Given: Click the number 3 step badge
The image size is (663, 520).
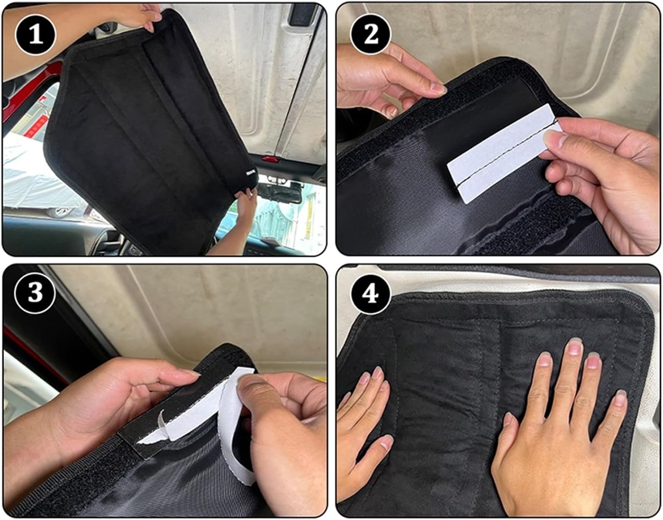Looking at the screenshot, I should coord(35,293).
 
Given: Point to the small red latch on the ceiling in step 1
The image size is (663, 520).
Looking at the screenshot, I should coord(268,158).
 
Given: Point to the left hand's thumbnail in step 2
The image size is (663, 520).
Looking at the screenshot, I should coord(439,90).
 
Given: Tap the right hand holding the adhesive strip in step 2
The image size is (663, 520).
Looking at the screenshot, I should coord(610,177).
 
